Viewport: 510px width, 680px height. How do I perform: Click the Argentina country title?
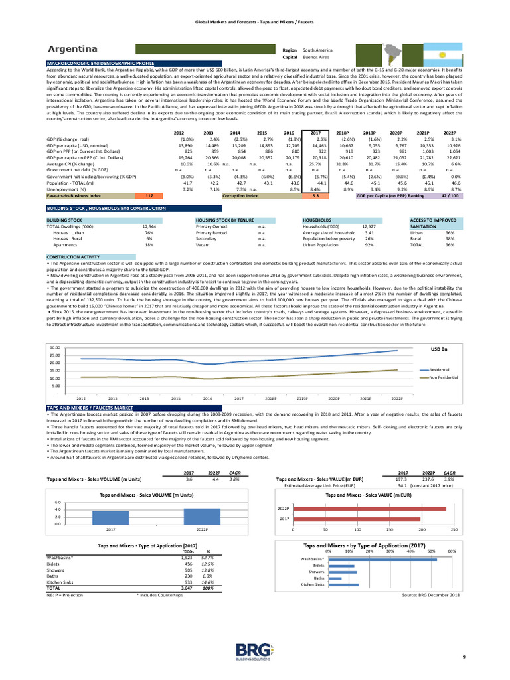point(73,50)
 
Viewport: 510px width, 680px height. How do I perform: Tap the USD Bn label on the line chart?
point(439,349)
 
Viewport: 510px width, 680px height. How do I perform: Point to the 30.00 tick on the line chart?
point(55,347)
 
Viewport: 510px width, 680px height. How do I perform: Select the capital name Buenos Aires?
point(315,58)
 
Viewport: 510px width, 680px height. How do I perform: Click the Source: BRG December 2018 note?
point(431,595)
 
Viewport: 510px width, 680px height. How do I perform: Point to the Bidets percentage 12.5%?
point(208,564)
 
